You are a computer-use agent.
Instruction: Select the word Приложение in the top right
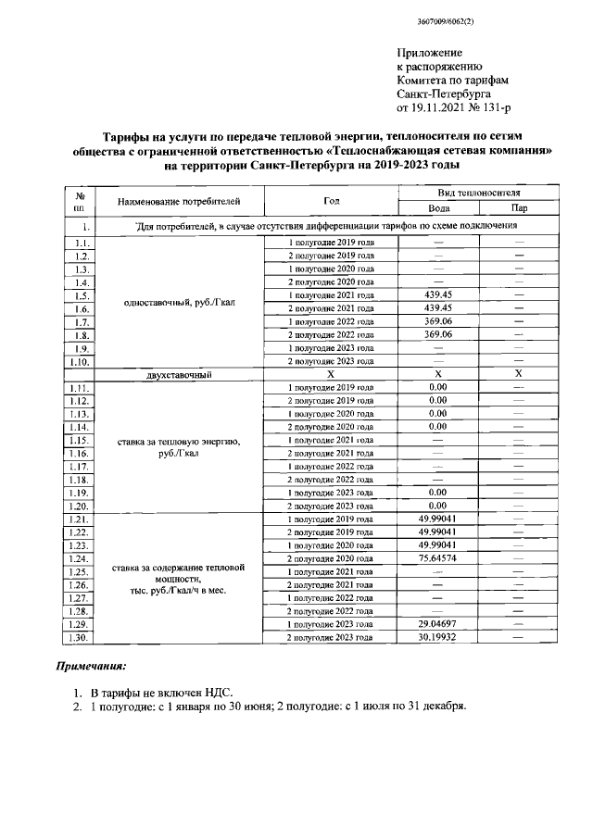(429, 54)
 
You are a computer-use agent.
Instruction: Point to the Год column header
(331, 200)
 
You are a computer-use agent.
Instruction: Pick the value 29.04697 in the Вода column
(438, 625)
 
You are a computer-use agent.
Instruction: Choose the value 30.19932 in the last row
(438, 638)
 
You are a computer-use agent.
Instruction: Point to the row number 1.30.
(81, 638)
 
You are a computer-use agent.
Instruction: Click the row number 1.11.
(81, 387)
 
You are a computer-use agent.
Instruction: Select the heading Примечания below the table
(91, 667)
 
